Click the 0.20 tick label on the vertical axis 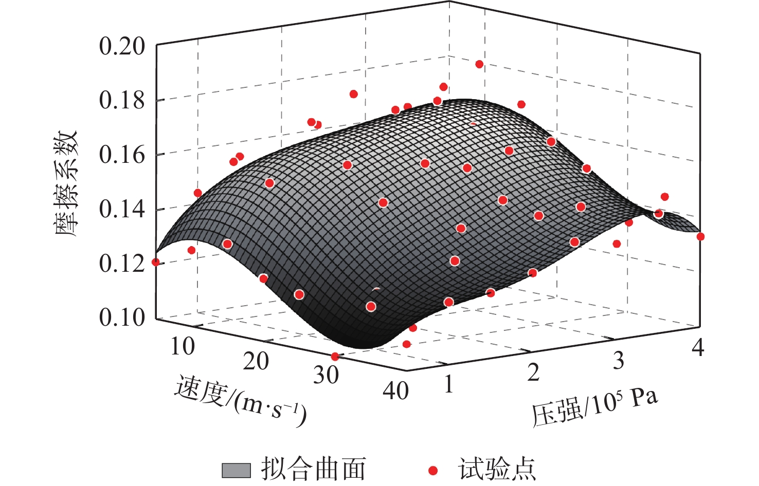(x=122, y=46)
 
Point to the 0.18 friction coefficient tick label (x=122, y=100)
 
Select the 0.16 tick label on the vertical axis (x=122, y=155)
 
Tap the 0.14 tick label (x=122, y=209)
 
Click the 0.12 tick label (x=122, y=264)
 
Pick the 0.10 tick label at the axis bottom (x=122, y=317)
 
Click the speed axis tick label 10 (x=183, y=347)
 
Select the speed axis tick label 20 (x=256, y=362)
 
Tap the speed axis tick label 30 (x=326, y=376)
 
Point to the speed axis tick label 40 (x=396, y=391)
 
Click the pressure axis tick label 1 (x=449, y=384)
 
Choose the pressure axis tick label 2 (x=533, y=372)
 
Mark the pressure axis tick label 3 (x=619, y=361)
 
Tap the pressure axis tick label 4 (x=697, y=348)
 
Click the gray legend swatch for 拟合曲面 (x=236, y=470)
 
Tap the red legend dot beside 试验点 (x=433, y=470)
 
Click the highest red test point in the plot (x=479, y=64)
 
